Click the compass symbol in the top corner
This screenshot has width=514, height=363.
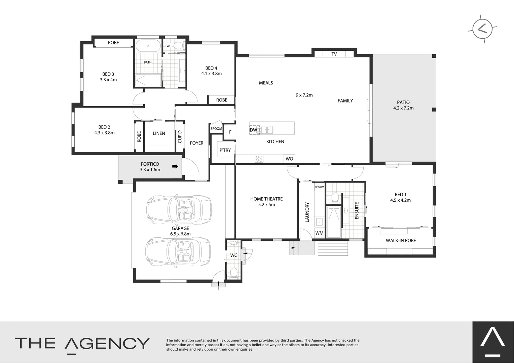pos(482,29)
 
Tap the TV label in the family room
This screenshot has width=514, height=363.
pos(334,54)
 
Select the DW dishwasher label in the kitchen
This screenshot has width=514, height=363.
pos(253,130)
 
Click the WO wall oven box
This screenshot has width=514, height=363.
pos(289,159)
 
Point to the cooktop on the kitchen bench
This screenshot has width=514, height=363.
pos(259,159)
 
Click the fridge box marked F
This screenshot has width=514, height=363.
pos(230,132)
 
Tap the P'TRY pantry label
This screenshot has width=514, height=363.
pos(225,150)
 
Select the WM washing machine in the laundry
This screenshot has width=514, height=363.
pos(319,233)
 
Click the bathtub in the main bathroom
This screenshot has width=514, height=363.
pos(149,46)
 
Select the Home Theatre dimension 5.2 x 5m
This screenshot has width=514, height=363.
pos(266,204)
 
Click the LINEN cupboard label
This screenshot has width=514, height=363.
pos(159,133)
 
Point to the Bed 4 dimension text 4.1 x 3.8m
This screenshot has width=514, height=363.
pos(211,74)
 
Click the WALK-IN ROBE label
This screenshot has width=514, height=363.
pos(401,241)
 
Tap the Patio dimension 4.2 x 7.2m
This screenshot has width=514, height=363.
pos(403,108)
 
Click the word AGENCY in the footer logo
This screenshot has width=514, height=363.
pos(107,344)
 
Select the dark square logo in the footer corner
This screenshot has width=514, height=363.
pos(493,342)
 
